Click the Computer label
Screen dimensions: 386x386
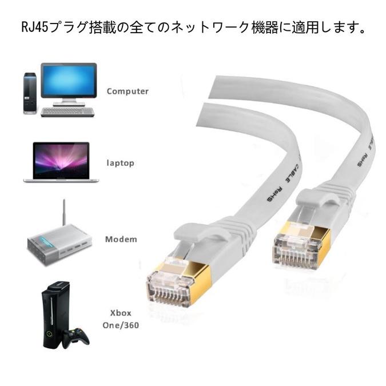tap(128, 91)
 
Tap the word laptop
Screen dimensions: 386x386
tap(120, 163)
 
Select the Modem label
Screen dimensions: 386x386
tap(121, 238)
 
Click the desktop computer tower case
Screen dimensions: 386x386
tap(30, 93)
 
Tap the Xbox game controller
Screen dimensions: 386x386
tap(75, 337)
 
